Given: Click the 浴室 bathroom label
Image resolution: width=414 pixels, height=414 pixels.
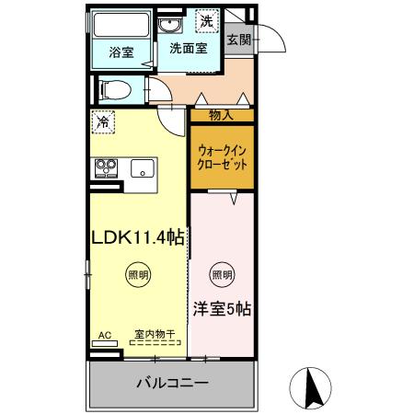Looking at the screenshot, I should [x=121, y=52].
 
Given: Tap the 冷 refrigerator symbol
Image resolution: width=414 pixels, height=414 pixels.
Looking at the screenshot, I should [x=105, y=121].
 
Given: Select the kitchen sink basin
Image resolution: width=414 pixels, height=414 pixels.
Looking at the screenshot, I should [x=142, y=168].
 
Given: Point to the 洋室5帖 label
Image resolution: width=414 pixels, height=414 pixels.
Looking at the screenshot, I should [x=222, y=309].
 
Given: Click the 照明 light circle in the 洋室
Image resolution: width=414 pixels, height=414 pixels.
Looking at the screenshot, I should [x=221, y=273].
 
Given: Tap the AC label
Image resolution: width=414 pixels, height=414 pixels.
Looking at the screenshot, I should [x=106, y=336].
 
